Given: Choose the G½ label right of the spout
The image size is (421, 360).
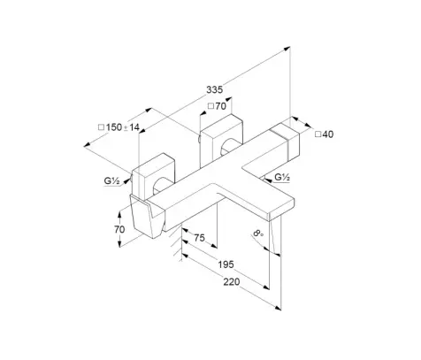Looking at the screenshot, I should coord(282,177).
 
